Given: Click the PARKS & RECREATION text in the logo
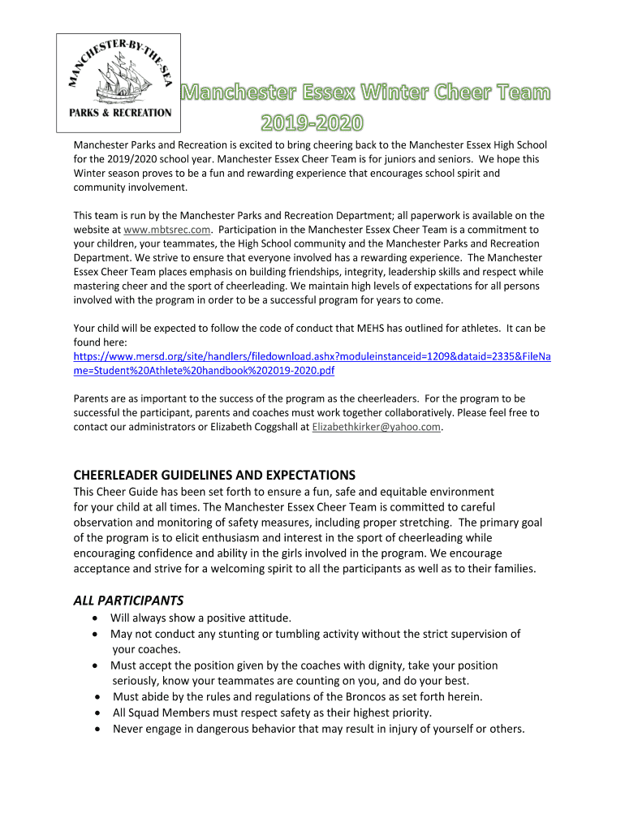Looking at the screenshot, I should pyautogui.click(x=119, y=113).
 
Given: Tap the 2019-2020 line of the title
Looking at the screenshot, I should pyautogui.click(x=312, y=123).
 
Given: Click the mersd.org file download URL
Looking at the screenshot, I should pyautogui.click(x=312, y=364).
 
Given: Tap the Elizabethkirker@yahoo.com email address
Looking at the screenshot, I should pyautogui.click(x=377, y=427).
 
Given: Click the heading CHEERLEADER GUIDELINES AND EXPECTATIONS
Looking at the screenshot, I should pyautogui.click(x=214, y=475).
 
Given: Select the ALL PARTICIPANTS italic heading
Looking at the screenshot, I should pyautogui.click(x=128, y=601).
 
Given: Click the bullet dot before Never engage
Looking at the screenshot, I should pyautogui.click(x=97, y=729).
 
